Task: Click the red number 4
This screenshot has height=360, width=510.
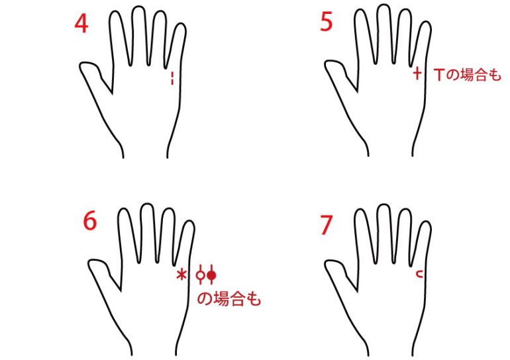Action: pos(81,24)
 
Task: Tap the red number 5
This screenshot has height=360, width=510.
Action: pos(327,22)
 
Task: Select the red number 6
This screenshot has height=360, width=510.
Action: pos(90,220)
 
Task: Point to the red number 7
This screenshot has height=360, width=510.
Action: pos(327,225)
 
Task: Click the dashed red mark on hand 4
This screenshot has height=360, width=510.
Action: pos(172,78)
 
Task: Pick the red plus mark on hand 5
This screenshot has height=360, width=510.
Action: pos(417,73)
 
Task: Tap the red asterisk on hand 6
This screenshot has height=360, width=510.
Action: pos(181,275)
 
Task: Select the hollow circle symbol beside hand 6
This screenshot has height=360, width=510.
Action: pos(201,275)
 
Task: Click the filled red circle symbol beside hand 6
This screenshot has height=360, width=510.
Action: pos(211,275)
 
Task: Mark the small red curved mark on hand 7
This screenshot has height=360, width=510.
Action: pos(420,275)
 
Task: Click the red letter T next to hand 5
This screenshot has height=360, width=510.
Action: pos(439,75)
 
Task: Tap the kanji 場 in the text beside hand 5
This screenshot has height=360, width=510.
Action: pos(467,75)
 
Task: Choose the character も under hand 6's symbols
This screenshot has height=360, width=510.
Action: pos(254,299)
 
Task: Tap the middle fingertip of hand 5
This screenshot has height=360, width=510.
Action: pos(383,6)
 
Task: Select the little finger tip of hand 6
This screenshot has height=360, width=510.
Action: pos(189,222)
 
